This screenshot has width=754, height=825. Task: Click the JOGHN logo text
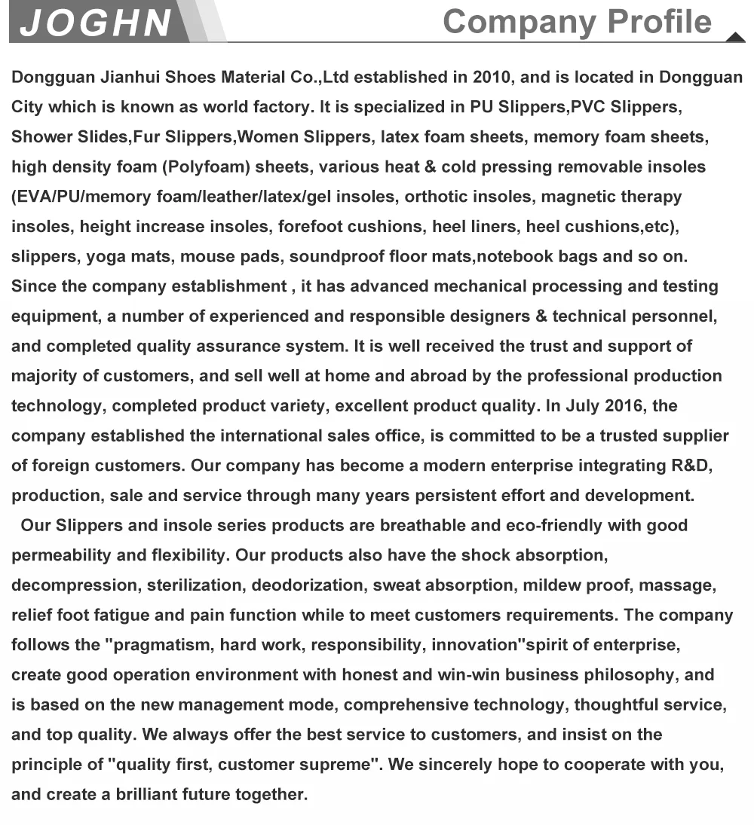coord(96,23)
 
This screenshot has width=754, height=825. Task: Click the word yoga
coord(106,257)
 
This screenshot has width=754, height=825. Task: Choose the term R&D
coord(691,466)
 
